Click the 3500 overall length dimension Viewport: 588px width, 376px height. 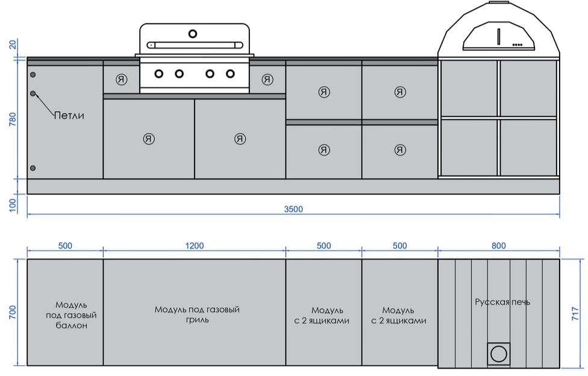coord(293,209)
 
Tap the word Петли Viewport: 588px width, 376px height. coord(69,115)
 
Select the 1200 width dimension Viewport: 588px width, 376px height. coord(195,246)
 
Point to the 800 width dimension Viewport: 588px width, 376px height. coord(498,246)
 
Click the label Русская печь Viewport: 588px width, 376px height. coord(502,302)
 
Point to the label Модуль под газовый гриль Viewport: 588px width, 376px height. coord(197,315)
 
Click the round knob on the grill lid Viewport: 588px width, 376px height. coord(193,33)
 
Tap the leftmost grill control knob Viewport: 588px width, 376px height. coord(159,74)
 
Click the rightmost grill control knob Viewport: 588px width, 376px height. coord(230,74)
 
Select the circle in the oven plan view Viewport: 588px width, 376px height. coord(498,354)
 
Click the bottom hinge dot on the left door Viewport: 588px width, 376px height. coord(33,168)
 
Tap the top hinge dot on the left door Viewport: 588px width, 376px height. coord(33,75)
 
